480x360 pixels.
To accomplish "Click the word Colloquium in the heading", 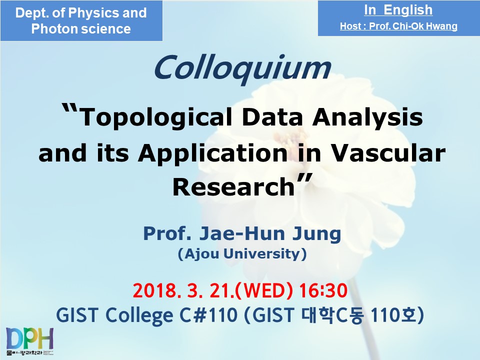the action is point(242,68).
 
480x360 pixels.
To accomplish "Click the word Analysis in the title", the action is point(367,118).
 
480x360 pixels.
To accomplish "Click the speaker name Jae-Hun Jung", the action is point(270,234).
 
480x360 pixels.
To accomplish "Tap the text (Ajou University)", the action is point(242,254).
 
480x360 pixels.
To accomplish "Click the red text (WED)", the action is point(263,290).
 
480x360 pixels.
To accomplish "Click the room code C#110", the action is point(208,315).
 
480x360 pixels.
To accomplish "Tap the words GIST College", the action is point(115,315).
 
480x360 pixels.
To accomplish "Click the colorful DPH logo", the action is point(29,340).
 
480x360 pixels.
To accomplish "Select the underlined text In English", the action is point(398,10).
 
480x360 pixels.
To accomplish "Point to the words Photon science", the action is point(81,29).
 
